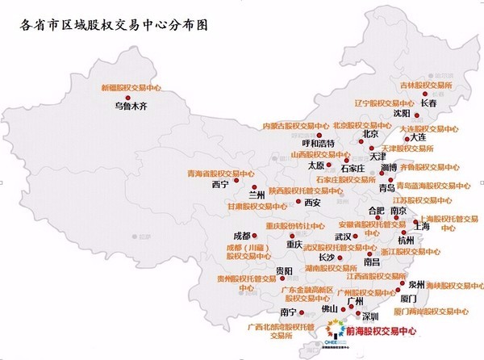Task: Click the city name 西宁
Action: click(x=220, y=184)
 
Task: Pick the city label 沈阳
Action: click(x=401, y=114)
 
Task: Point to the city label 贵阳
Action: click(x=282, y=270)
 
